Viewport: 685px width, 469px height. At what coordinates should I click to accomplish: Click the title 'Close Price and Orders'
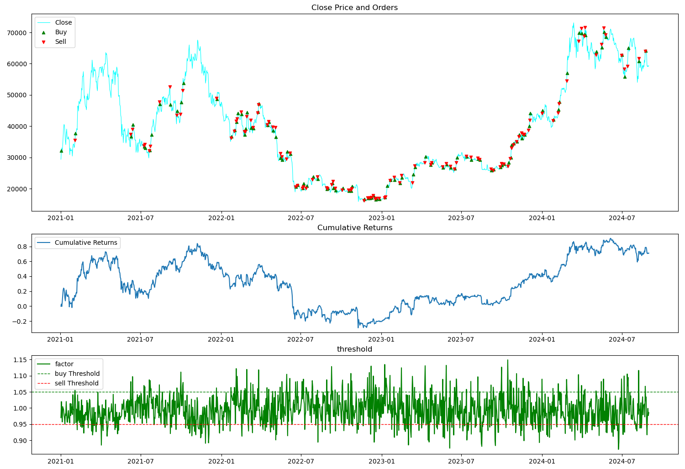coord(354,8)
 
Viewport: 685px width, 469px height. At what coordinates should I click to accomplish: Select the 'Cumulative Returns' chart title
coord(355,228)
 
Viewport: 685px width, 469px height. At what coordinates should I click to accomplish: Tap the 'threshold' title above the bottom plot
coord(354,349)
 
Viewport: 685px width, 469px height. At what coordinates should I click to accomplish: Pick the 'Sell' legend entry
coord(60,42)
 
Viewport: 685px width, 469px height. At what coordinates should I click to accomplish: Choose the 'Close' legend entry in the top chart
coord(63,22)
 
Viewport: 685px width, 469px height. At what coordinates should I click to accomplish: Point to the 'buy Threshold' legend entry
coord(77,374)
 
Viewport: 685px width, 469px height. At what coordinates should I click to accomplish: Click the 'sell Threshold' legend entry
coord(76,383)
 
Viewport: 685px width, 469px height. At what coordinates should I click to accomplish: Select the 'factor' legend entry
coord(64,364)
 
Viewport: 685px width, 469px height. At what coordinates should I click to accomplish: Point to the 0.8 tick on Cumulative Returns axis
coord(22,247)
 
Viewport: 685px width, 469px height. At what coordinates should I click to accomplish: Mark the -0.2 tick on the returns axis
coord(20,321)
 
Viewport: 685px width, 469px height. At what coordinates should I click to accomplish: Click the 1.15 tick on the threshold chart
coord(20,360)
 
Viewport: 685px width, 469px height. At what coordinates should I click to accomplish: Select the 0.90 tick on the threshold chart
coord(20,441)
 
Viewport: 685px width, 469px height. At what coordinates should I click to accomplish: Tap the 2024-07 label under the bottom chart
coord(622,461)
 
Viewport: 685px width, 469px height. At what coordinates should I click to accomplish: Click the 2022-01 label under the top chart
coord(221,218)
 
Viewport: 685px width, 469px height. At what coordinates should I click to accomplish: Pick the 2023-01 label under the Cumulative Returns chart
coord(381,339)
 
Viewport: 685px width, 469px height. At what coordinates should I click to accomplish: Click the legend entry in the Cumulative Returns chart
coord(85,242)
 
